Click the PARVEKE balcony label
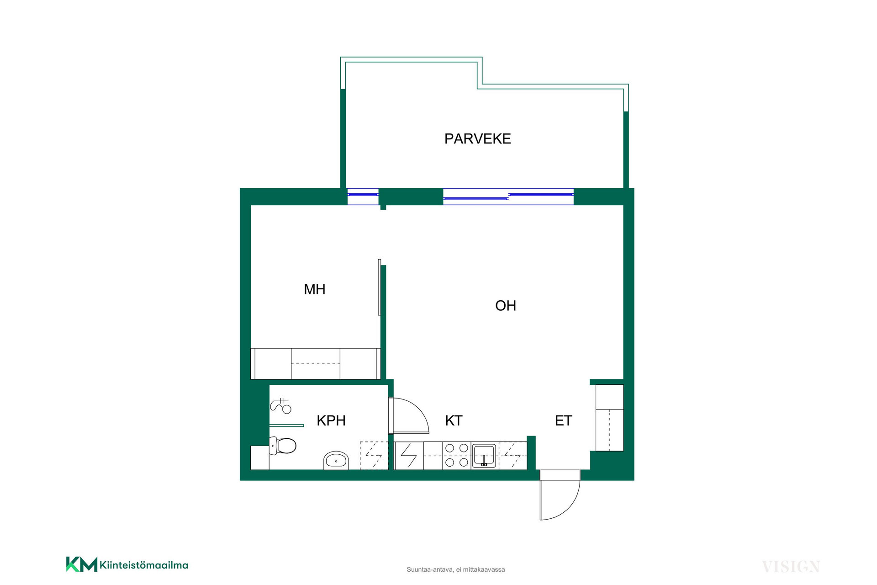tap(477, 138)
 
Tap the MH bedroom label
tap(315, 289)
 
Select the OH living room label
tap(506, 306)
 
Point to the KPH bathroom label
tap(331, 420)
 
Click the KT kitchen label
tap(454, 420)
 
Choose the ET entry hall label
tap(563, 420)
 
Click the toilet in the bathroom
tap(283, 445)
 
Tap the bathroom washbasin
tap(336, 460)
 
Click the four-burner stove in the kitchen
tap(457, 455)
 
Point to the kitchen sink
tap(484, 455)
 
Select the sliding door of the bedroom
tap(379, 287)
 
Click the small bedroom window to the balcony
tap(363, 197)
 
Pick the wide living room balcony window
tap(508, 197)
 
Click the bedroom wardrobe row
tap(316, 364)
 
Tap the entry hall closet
tap(610, 418)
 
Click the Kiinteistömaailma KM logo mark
tap(82, 564)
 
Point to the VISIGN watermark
tap(791, 567)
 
